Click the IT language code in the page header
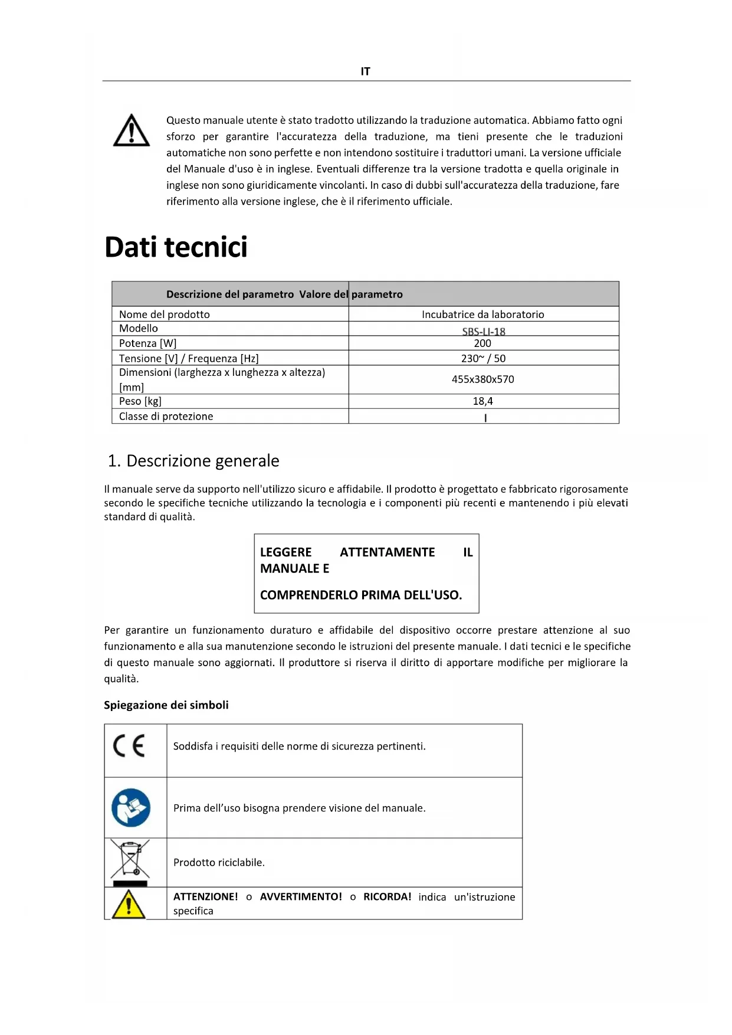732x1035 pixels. point(365,71)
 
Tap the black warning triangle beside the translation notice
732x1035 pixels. point(131,130)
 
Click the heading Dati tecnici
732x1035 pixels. point(176,247)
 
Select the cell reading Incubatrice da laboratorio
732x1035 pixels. point(482,315)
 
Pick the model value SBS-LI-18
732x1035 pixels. point(483,331)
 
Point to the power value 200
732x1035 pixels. point(482,343)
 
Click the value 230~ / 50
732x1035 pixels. point(482,358)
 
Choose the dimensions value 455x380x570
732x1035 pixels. point(482,379)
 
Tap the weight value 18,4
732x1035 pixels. point(482,401)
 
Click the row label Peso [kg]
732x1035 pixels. point(140,401)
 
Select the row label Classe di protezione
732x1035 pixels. point(166,416)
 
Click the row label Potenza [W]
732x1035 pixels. point(147,343)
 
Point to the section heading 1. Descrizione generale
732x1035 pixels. point(193,461)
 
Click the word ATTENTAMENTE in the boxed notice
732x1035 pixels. point(387,552)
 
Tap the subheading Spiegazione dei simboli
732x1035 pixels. point(166,705)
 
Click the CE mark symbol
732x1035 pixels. point(129,746)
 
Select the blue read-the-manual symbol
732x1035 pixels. point(131,808)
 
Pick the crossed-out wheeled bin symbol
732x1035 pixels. point(130,861)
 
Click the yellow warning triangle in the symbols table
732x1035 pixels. point(128,904)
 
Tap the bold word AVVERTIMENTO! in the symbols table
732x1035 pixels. point(301,897)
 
